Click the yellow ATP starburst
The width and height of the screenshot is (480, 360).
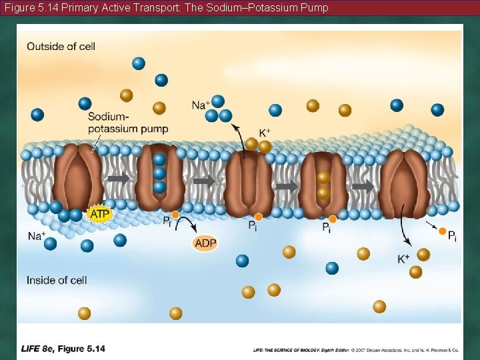pyautogui.click(x=99, y=214)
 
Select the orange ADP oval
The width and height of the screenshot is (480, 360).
pyautogui.click(x=205, y=243)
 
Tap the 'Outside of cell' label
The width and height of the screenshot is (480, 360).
pyautogui.click(x=61, y=46)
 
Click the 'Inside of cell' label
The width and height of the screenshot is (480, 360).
pyautogui.click(x=57, y=280)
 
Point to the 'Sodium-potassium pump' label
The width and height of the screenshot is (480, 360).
pyautogui.click(x=127, y=123)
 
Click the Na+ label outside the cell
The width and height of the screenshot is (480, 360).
pyautogui.click(x=200, y=105)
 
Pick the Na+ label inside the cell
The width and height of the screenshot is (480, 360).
pyautogui.click(x=37, y=235)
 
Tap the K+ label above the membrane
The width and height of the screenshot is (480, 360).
pyautogui.click(x=265, y=132)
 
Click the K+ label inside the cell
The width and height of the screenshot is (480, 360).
pyautogui.click(x=404, y=259)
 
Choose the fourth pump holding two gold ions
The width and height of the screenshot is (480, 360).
pyautogui.click(x=323, y=184)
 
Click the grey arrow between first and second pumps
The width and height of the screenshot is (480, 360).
pyautogui.click(x=119, y=179)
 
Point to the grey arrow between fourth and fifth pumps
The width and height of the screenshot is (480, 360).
pyautogui.click(x=363, y=186)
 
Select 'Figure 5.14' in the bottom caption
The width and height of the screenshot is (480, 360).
pyautogui.click(x=81, y=349)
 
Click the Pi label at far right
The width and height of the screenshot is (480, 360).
pyautogui.click(x=452, y=235)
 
